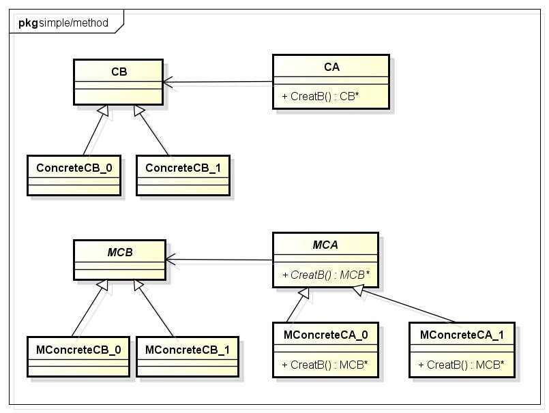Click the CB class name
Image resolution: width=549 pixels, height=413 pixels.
coord(119,71)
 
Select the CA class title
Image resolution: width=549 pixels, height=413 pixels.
coord(331,67)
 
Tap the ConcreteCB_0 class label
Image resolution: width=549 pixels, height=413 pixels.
coord(74,167)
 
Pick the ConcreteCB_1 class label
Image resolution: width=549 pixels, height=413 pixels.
coord(183,167)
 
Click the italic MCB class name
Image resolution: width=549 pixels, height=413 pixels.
coord(119,252)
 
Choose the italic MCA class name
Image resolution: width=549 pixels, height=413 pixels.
coord(325,245)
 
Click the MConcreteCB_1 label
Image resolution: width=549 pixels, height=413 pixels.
coord(187,349)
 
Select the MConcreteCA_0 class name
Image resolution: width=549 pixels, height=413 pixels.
coord(326,335)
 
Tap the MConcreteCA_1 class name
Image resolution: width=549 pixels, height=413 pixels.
coord(462,335)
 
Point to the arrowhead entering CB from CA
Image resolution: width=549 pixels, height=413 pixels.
coord(168,82)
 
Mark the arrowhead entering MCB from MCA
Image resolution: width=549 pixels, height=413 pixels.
coord(170,260)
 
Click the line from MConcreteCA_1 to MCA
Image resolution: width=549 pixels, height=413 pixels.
coord(409,305)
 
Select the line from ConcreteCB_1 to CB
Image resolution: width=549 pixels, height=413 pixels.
coord(156,132)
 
